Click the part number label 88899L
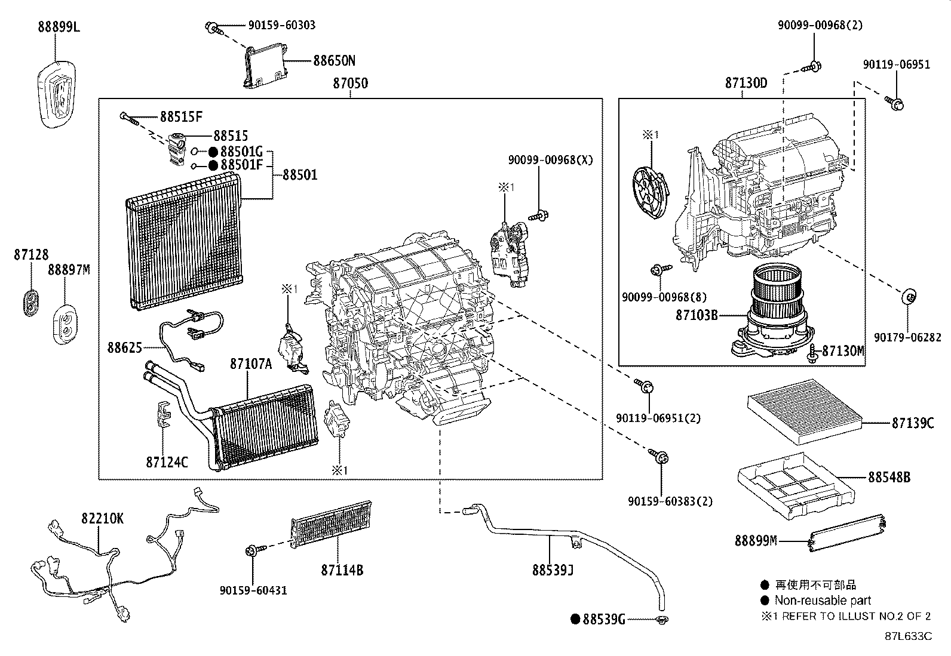pos(59,27)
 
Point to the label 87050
pos(350,84)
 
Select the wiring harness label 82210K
pos(103,519)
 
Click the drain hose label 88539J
pos(553,571)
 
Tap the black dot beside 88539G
pos(575,620)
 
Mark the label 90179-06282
pos(903,338)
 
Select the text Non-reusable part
pos(823,600)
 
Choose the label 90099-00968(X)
pos(551,160)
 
